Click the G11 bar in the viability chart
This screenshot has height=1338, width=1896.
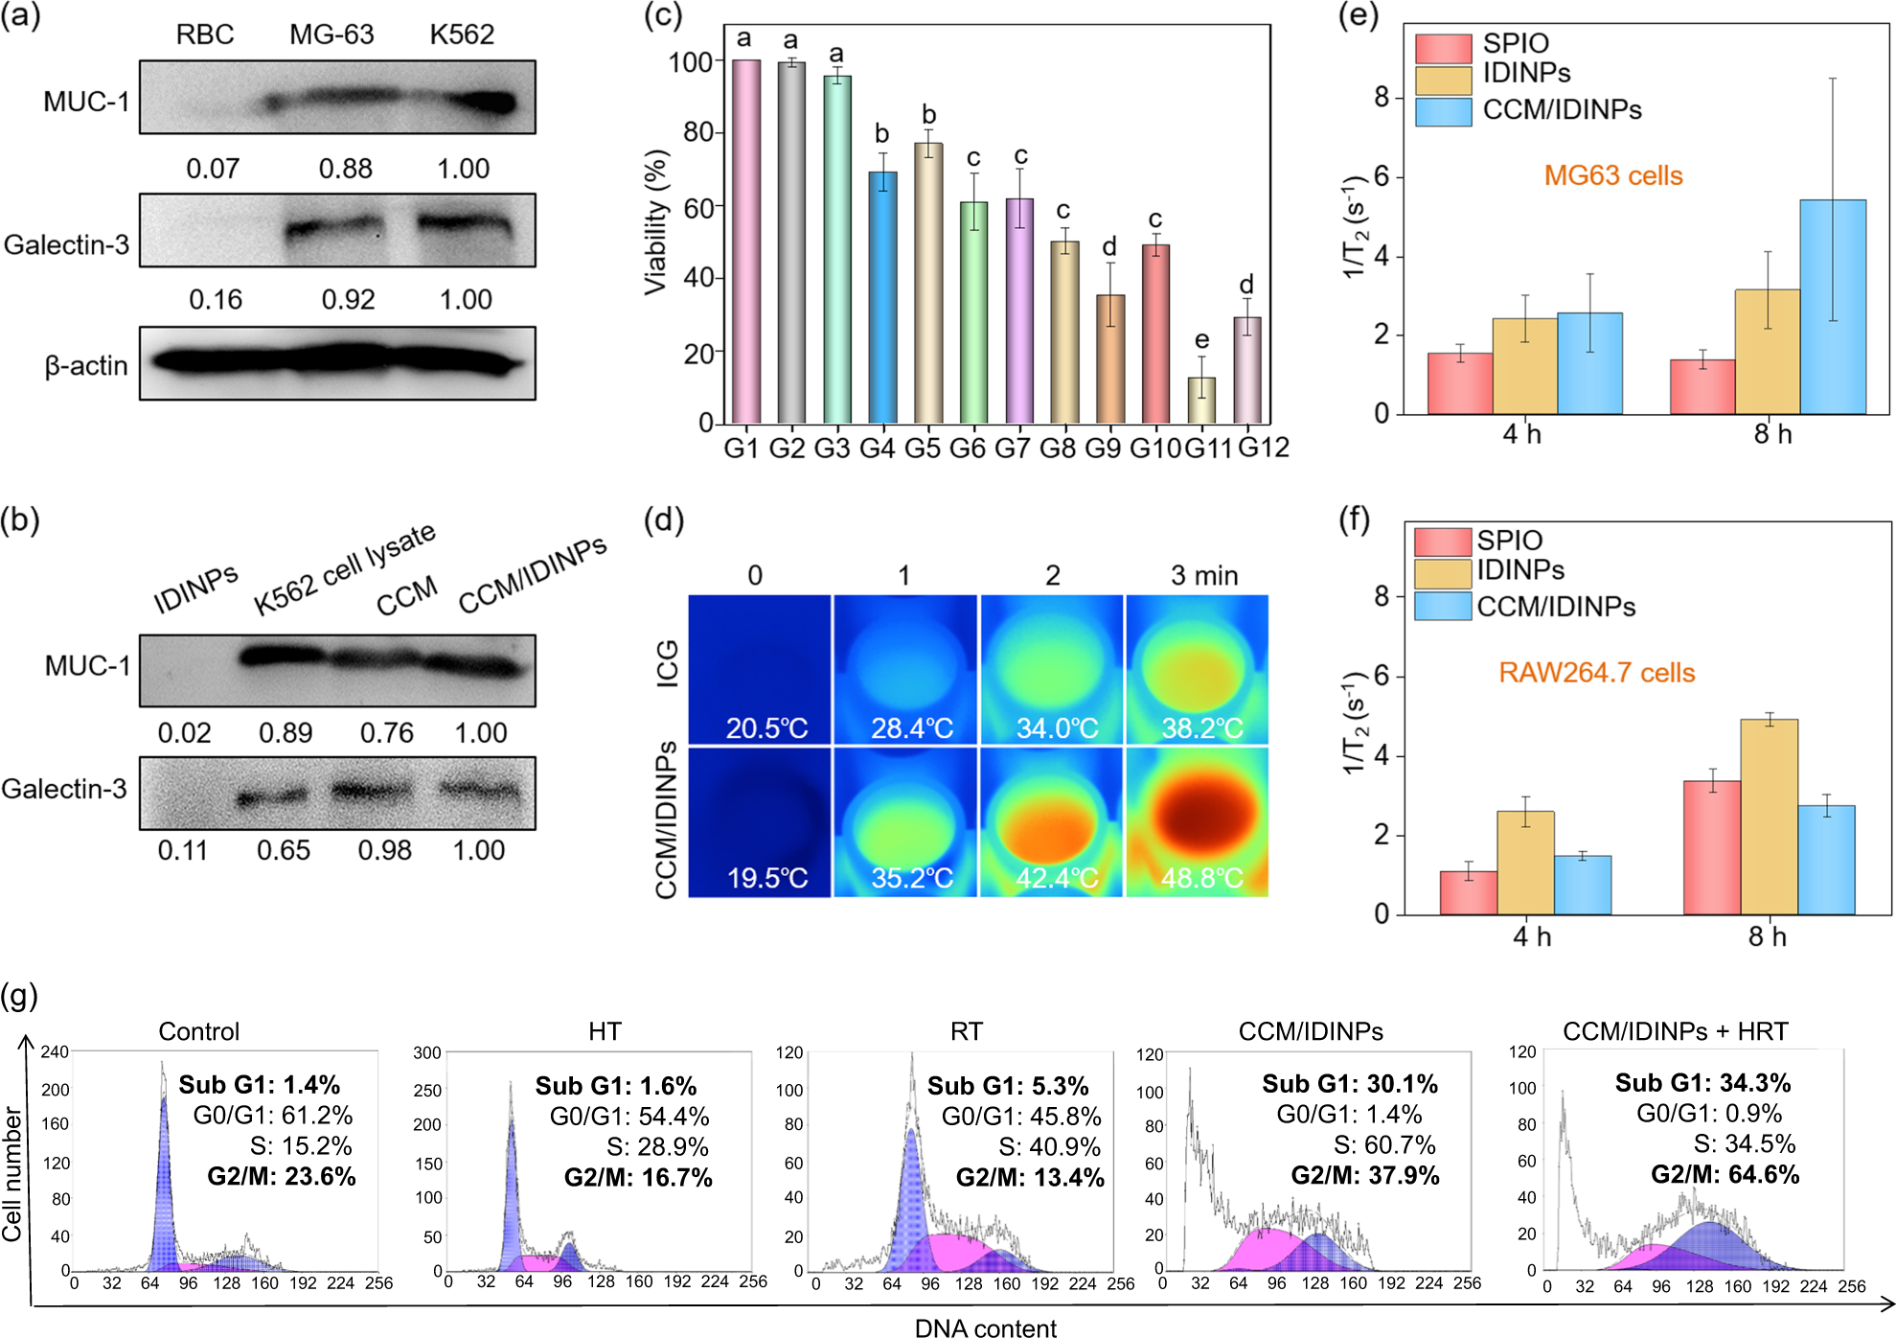point(1201,401)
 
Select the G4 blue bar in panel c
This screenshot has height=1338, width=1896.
point(882,298)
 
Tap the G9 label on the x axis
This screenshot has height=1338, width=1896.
point(1103,449)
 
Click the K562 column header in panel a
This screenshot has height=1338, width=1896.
point(462,35)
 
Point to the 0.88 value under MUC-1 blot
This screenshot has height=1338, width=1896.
point(345,169)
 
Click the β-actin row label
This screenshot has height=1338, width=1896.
point(86,366)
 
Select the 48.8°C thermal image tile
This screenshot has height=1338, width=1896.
point(1198,822)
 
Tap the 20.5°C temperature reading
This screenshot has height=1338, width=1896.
point(766,728)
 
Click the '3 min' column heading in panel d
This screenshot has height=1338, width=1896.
point(1203,576)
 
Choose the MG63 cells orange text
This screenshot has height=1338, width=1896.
point(1612,176)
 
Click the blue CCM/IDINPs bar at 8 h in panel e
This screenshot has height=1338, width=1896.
point(1832,308)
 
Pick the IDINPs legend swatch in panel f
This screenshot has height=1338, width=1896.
point(1442,573)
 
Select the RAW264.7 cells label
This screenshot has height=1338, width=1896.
point(1596,673)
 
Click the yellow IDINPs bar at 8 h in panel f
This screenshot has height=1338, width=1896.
point(1769,817)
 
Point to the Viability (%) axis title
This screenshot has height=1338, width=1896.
point(656,222)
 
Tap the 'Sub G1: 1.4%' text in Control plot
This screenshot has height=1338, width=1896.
point(259,1085)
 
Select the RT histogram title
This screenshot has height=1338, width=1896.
point(966,1031)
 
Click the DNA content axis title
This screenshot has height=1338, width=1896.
point(985,1327)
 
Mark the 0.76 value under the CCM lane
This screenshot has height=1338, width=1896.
point(386,733)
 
